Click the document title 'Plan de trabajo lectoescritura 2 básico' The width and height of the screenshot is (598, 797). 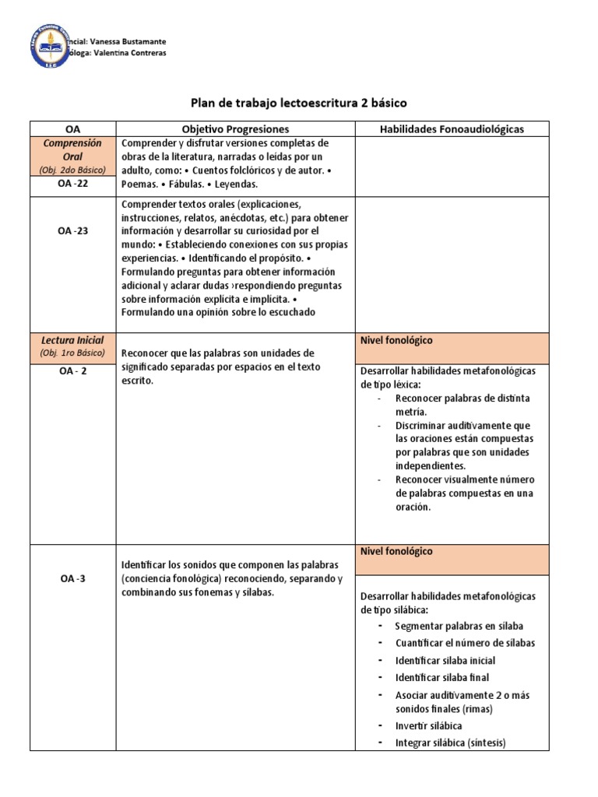(x=299, y=102)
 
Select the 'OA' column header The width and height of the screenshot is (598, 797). (x=72, y=129)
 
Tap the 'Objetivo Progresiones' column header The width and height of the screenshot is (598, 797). (x=234, y=129)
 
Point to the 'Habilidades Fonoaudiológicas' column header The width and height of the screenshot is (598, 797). (x=452, y=129)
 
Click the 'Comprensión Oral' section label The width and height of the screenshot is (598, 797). (x=72, y=149)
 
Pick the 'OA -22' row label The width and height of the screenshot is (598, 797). (x=72, y=184)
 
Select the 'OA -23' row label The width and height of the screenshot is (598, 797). (x=72, y=230)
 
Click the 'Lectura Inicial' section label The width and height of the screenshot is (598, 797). (x=72, y=340)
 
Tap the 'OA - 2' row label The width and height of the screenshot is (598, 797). (x=72, y=371)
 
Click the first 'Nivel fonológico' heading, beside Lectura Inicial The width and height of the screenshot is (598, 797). (x=396, y=340)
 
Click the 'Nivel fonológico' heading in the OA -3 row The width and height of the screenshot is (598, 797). (x=396, y=551)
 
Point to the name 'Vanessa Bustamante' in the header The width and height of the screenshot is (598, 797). (x=124, y=41)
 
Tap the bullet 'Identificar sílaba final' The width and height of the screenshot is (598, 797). (x=441, y=677)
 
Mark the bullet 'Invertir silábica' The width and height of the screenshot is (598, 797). (x=428, y=725)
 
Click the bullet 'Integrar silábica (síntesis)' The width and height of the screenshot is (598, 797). (x=450, y=743)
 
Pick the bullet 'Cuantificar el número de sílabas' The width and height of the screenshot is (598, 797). (x=465, y=643)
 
